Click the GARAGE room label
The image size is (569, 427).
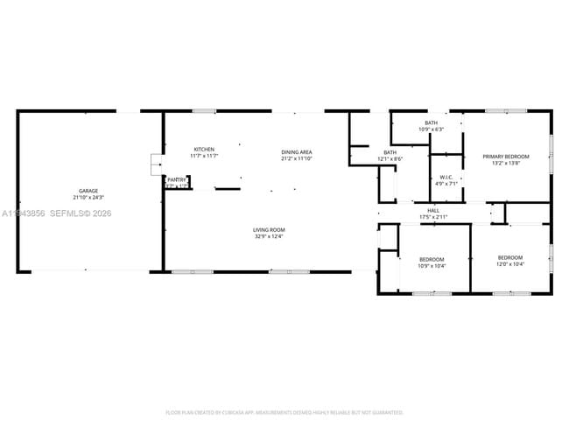pos(88,191)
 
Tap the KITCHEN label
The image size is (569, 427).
pos(204,150)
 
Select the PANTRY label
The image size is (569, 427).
pos(177,179)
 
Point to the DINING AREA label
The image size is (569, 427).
pos(297,152)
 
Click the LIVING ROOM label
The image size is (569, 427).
pos(270,230)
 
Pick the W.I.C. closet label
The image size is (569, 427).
pos(446,177)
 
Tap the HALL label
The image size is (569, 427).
pos(432,210)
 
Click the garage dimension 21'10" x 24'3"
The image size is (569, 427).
pos(88,197)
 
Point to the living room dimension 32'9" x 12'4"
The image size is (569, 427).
pos(270,236)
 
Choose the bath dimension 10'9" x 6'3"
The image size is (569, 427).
pos(431,129)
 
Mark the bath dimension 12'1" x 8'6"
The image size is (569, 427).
pos(390,158)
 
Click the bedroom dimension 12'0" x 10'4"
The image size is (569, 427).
pos(509,265)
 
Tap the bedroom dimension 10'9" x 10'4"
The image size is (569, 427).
pos(432,265)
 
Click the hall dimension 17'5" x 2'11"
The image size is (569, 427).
pos(432,216)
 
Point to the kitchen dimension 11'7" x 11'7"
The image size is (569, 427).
pos(204,156)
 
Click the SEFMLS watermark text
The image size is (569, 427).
pos(80,213)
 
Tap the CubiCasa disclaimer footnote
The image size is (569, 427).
pos(284,412)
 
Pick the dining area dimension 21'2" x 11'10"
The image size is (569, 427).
pos(297,158)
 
